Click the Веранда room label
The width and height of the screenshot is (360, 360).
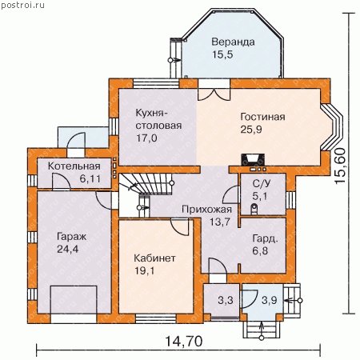coord(233,42)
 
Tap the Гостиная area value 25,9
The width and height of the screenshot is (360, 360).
coord(251,130)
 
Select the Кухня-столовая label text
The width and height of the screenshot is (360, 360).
coord(158,119)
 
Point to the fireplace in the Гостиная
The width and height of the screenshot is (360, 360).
coord(253,160)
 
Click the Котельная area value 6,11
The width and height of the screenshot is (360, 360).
coord(90,178)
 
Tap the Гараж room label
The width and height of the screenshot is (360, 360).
coord(71,237)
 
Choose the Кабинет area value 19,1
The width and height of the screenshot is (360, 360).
coord(144,271)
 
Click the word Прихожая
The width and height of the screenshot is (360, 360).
coord(206,210)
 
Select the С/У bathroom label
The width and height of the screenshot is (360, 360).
coord(262,183)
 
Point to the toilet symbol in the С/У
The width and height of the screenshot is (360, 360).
coord(254,209)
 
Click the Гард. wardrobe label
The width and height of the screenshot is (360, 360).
coord(266,238)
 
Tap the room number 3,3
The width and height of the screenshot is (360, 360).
coord(226,300)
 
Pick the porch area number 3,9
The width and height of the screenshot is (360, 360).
coord(270,300)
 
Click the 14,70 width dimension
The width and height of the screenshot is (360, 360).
coord(184,341)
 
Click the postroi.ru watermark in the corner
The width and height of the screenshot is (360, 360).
coord(22,5)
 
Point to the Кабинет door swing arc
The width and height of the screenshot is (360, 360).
coord(179,226)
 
